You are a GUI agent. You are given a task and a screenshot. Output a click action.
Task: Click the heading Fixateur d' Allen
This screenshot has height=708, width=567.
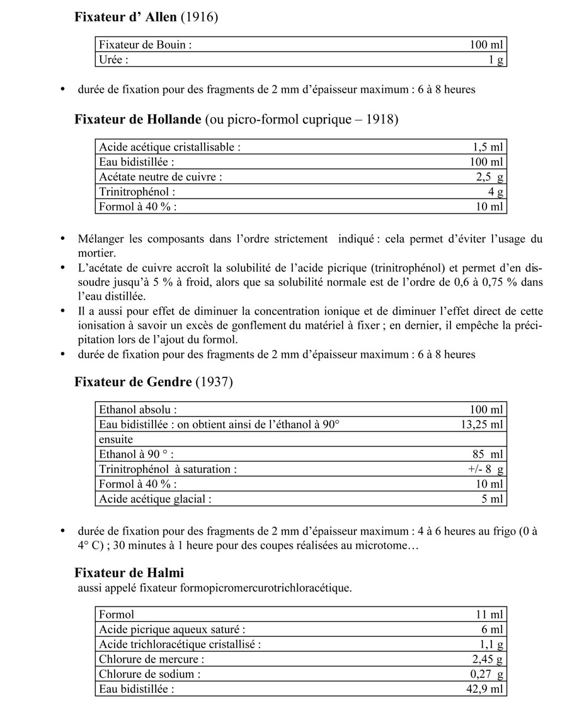(125, 18)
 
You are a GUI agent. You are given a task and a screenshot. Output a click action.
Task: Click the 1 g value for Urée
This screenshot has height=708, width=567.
(496, 60)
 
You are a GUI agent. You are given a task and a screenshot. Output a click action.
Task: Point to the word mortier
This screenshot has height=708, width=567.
(98, 253)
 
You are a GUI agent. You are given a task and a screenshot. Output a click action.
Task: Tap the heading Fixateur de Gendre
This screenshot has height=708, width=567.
(133, 381)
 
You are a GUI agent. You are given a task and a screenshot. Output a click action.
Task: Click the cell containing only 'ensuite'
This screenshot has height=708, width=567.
(116, 439)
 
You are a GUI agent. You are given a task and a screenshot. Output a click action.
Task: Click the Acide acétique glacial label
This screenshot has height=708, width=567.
(155, 499)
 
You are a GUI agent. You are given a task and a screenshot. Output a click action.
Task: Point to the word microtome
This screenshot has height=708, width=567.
(384, 545)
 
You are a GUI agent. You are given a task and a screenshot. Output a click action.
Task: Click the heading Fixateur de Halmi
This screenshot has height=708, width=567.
(129, 573)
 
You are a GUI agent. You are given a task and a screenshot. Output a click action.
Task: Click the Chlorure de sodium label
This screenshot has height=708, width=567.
(150, 674)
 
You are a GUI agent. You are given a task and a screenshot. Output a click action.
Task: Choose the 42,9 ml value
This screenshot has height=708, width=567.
(485, 688)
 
